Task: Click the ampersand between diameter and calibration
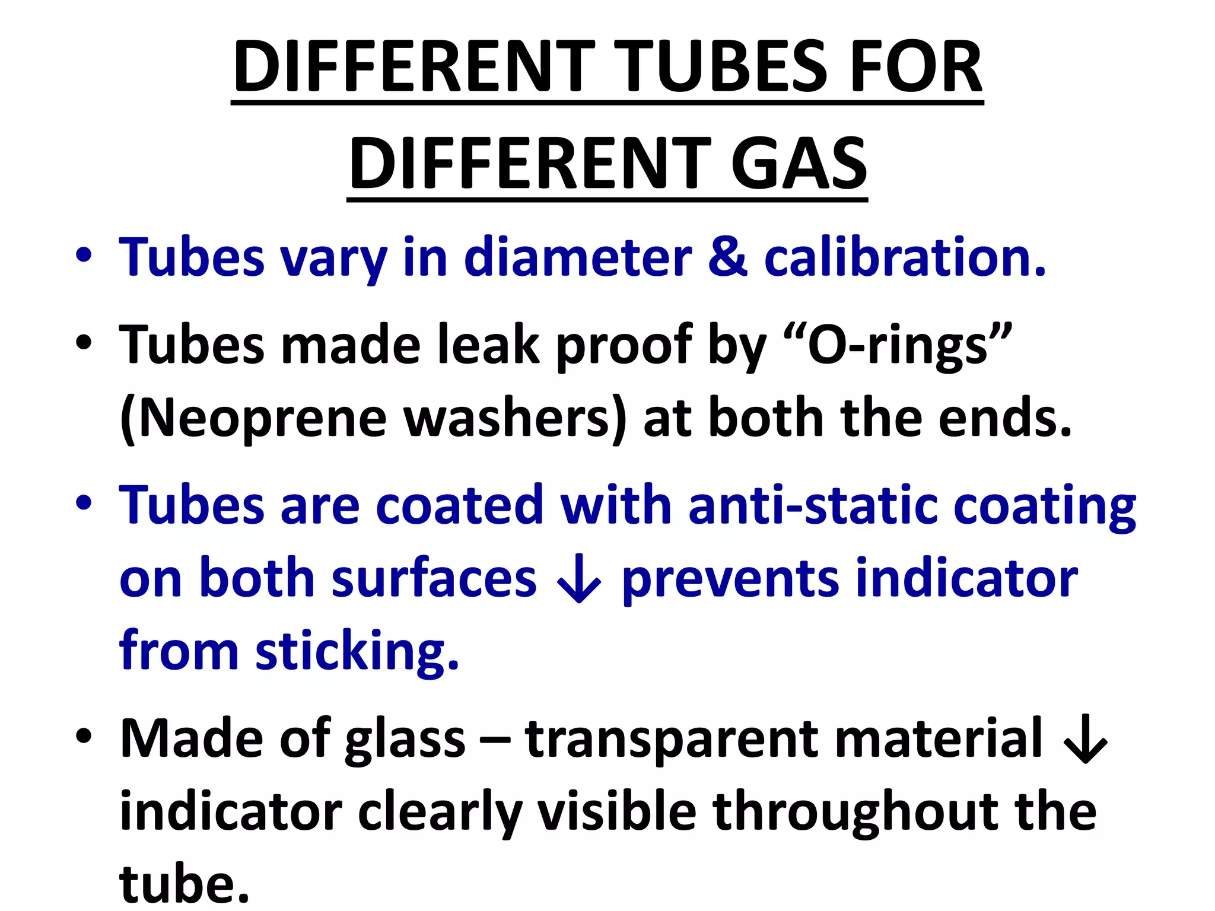point(727,257)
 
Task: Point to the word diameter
point(578,257)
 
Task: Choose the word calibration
point(904,257)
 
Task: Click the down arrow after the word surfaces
point(578,580)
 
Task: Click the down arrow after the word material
point(1085,740)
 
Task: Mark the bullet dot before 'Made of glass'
point(84,736)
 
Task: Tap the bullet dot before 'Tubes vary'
point(84,256)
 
